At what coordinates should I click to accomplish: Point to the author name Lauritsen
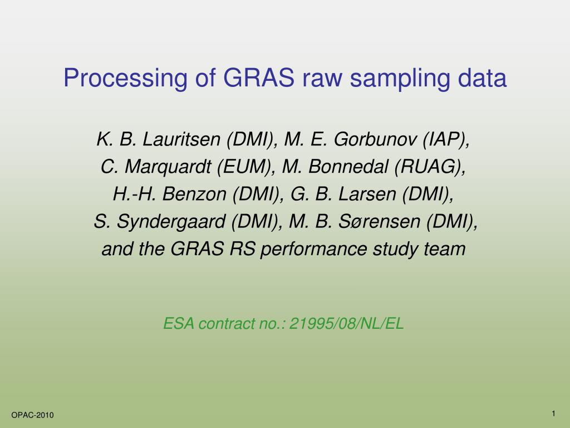point(183,139)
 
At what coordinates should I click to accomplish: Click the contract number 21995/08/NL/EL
point(347,323)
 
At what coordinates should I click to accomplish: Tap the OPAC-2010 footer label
point(33,415)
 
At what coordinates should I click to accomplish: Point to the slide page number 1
point(554,413)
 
